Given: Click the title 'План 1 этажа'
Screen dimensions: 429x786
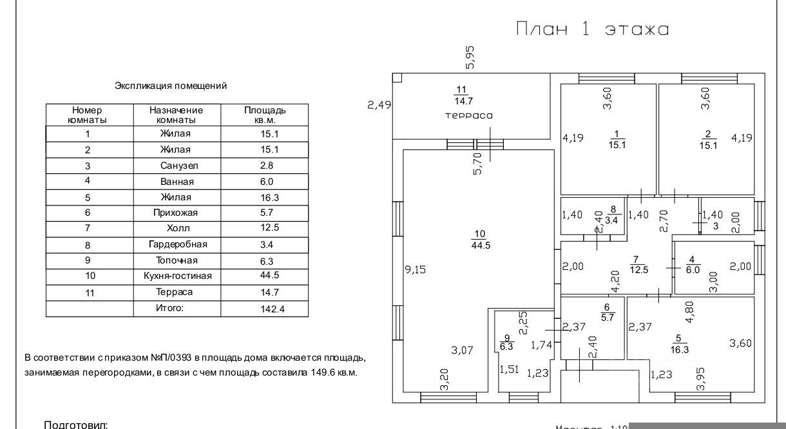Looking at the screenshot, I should pyautogui.click(x=592, y=30).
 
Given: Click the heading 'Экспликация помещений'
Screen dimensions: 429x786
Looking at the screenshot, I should pyautogui.click(x=171, y=86).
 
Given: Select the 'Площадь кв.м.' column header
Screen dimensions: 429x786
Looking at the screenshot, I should pyautogui.click(x=265, y=115).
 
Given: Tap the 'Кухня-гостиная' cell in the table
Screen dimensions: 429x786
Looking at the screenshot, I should pyautogui.click(x=177, y=276).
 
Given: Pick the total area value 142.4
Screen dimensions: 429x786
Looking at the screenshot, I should pyautogui.click(x=265, y=309).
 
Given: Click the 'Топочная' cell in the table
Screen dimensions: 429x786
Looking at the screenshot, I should pyautogui.click(x=177, y=260).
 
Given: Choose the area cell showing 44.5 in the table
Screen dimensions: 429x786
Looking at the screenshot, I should pyautogui.click(x=265, y=276).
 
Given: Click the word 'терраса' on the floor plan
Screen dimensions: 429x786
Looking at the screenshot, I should pyautogui.click(x=469, y=115).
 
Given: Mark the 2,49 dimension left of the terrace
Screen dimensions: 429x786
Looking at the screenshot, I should pyautogui.click(x=379, y=105).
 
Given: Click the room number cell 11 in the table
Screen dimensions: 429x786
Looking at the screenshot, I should pyautogui.click(x=90, y=292).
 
